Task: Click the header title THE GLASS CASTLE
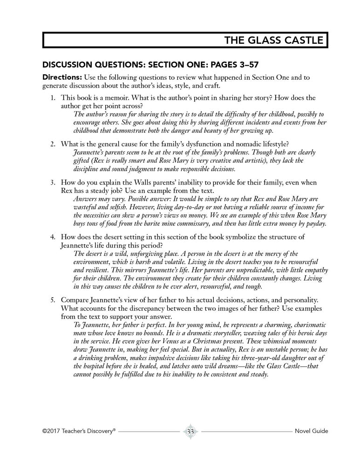[273, 40]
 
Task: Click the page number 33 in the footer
[190, 431]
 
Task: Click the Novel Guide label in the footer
[311, 432]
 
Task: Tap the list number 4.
[53, 237]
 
